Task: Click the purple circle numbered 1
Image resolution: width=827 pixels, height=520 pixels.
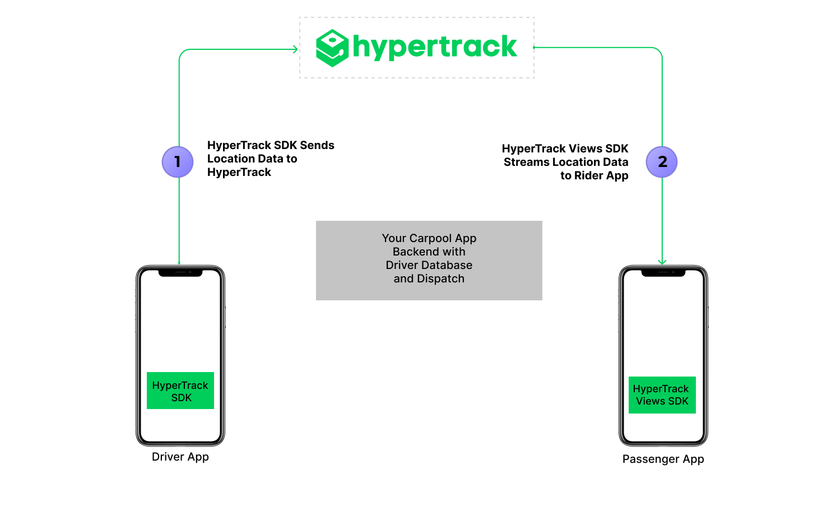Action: click(x=178, y=162)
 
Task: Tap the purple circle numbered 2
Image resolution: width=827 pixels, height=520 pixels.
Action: click(x=662, y=162)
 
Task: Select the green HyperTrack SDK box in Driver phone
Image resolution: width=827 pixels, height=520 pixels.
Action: click(x=180, y=391)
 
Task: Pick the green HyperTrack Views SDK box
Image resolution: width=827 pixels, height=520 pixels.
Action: click(x=662, y=395)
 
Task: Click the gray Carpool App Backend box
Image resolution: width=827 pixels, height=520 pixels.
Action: click(x=429, y=260)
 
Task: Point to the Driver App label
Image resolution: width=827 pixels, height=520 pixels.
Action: click(x=180, y=457)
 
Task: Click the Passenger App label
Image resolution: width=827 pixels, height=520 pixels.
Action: click(x=663, y=459)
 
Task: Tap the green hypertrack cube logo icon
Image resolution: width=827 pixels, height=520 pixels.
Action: click(x=332, y=48)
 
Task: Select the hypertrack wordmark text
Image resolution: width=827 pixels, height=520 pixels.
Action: click(x=435, y=47)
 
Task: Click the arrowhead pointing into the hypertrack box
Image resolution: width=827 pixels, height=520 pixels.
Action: click(x=295, y=49)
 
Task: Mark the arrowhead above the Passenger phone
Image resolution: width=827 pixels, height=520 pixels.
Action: click(x=662, y=261)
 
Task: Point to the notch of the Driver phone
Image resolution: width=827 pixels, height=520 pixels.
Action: click(x=180, y=273)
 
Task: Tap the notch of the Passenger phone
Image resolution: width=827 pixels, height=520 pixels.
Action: click(x=663, y=273)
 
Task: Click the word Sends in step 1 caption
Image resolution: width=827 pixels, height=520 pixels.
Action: click(x=317, y=145)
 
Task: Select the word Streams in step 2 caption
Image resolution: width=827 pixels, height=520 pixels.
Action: click(x=526, y=162)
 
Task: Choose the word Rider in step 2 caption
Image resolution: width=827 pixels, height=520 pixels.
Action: click(x=588, y=175)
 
